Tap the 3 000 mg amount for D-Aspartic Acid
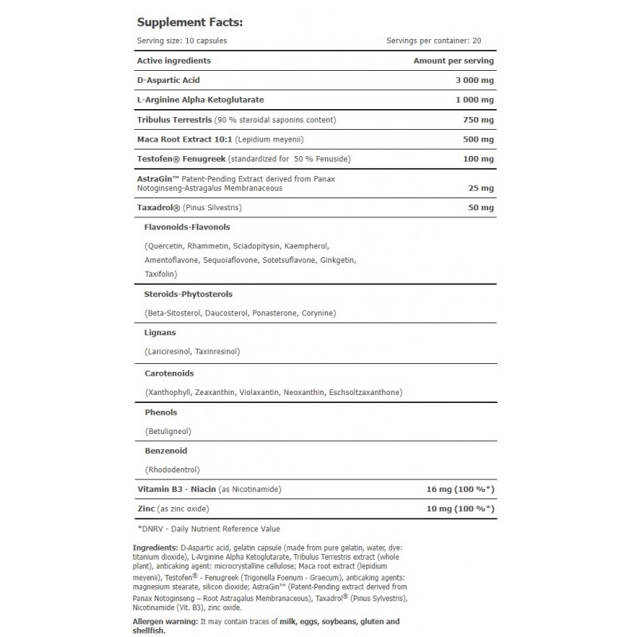click(x=470, y=81)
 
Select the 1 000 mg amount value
click(x=470, y=100)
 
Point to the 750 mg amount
click(x=478, y=119)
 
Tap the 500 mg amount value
click(x=478, y=139)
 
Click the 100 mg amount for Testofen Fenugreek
click(x=478, y=159)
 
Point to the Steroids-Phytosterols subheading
click(x=188, y=294)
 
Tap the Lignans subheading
click(x=161, y=332)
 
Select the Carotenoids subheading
click(x=169, y=373)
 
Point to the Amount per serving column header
click(x=454, y=61)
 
